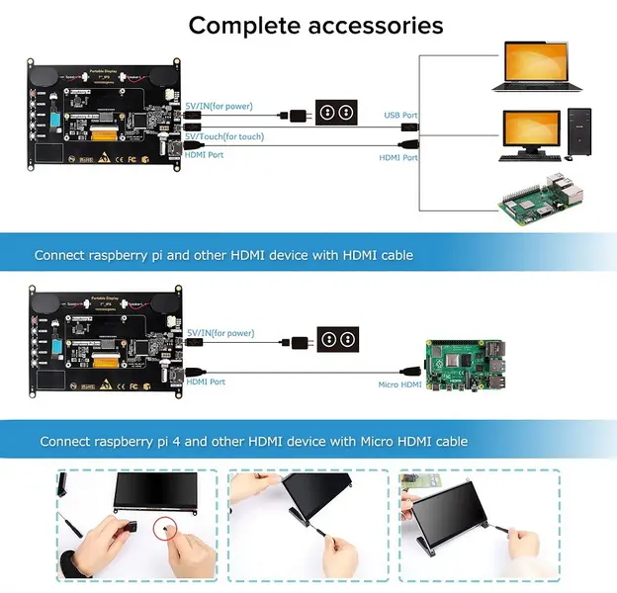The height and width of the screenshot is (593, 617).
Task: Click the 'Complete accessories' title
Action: click(x=315, y=24)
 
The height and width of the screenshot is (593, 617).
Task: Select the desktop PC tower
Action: click(x=579, y=132)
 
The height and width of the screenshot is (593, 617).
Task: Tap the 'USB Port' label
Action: click(x=400, y=116)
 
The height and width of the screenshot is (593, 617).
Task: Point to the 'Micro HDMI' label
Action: click(x=401, y=384)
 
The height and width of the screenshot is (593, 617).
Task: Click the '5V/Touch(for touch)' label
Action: click(x=223, y=136)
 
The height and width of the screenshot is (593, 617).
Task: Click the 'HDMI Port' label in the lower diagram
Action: click(x=206, y=381)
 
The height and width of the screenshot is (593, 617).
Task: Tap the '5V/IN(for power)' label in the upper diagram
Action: click(x=220, y=106)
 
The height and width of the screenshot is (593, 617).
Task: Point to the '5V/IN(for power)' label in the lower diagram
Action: click(x=220, y=333)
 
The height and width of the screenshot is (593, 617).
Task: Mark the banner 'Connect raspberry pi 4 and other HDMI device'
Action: click(x=253, y=441)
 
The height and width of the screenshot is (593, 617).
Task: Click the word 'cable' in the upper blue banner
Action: click(x=392, y=255)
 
